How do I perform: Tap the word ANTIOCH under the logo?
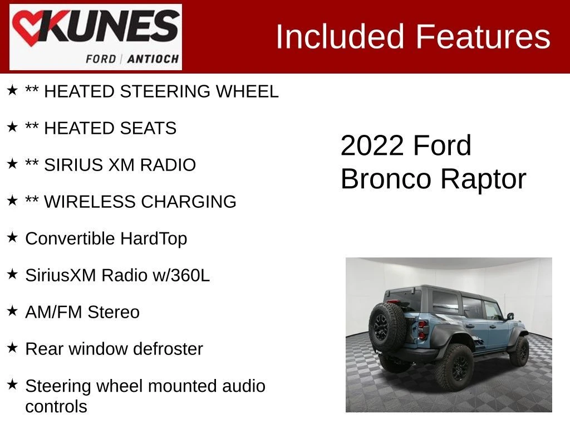click(153, 59)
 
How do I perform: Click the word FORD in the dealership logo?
click(101, 59)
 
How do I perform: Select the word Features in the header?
click(483, 36)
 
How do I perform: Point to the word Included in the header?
click(340, 36)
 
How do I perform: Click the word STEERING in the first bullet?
click(165, 91)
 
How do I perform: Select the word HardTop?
click(154, 239)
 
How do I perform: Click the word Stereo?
click(114, 312)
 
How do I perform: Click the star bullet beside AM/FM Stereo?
click(12, 311)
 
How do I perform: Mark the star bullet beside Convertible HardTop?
click(12, 237)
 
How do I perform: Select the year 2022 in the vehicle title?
click(372, 145)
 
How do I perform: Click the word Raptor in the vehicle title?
click(484, 179)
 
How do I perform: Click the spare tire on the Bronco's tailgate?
click(387, 327)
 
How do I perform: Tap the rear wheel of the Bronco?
click(454, 368)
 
